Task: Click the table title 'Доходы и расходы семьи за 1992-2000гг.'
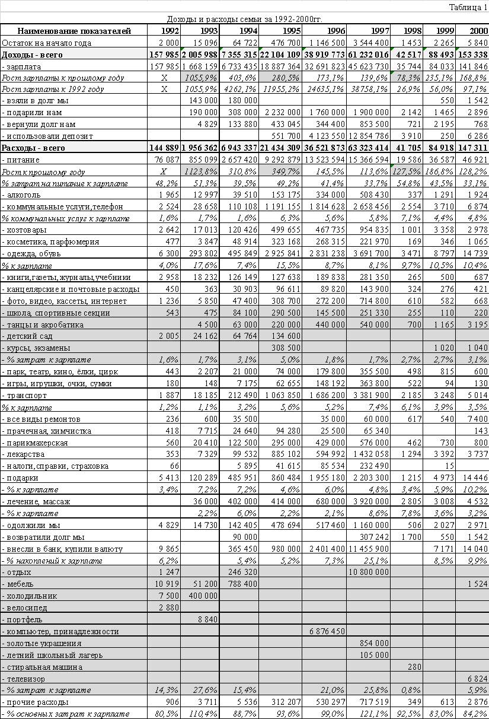pyautogui.click(x=244, y=19)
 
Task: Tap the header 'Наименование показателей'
pyautogui.click(x=74, y=31)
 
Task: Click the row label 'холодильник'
pyautogui.click(x=29, y=596)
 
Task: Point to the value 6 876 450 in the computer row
pyautogui.click(x=325, y=631)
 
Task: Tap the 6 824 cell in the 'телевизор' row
pyautogui.click(x=476, y=678)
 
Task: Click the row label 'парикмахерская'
pyautogui.click(x=35, y=443)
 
